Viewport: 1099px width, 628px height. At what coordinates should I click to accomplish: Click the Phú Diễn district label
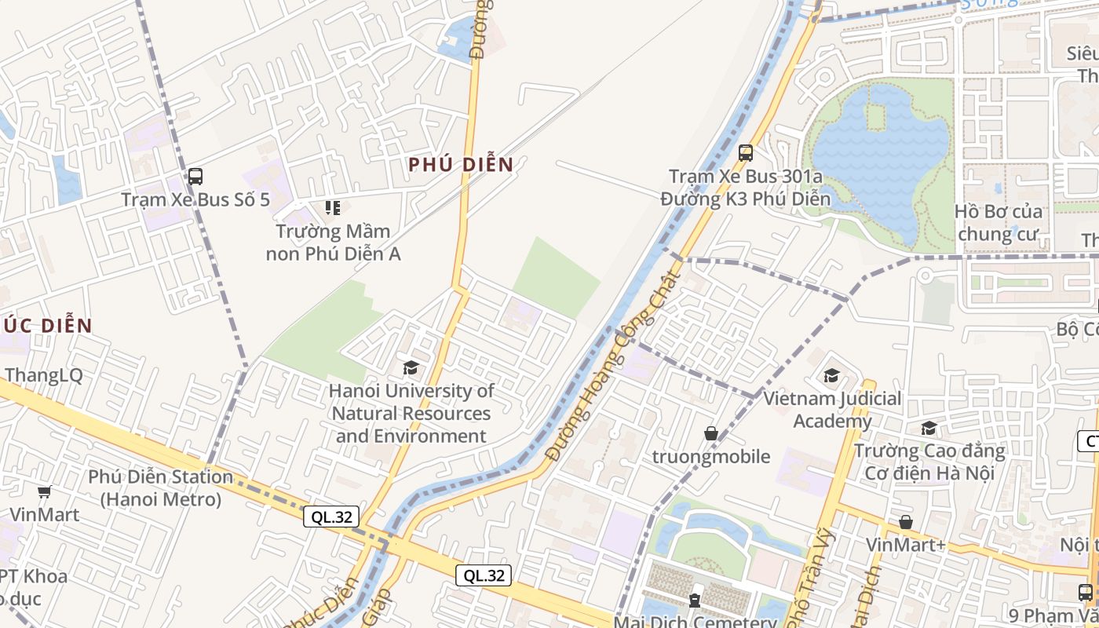461,165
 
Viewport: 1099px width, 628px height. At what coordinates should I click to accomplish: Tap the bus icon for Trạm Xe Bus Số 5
195,177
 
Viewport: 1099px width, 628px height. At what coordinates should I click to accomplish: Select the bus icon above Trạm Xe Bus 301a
746,153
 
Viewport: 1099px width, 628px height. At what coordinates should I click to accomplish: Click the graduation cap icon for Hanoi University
411,367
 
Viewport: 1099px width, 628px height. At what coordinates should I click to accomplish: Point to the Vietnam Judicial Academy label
833,410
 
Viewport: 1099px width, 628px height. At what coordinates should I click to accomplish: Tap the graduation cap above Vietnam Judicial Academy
832,376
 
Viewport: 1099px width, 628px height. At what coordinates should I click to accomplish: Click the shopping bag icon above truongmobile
711,433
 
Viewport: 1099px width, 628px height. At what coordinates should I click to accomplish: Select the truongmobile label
711,457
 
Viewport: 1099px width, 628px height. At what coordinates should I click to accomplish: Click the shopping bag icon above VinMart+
906,522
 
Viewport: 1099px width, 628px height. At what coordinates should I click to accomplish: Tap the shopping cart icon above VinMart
45,492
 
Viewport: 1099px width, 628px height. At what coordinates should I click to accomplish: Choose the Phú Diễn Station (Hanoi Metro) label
160,487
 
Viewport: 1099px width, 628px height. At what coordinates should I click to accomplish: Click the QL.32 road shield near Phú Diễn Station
332,517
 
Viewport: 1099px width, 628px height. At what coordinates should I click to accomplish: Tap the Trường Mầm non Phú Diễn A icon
333,208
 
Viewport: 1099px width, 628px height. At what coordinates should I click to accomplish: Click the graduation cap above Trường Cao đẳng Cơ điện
929,428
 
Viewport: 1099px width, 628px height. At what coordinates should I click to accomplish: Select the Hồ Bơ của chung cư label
999,223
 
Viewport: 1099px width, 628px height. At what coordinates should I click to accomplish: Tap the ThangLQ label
43,375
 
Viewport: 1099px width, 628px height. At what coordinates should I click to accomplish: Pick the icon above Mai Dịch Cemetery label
695,601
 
